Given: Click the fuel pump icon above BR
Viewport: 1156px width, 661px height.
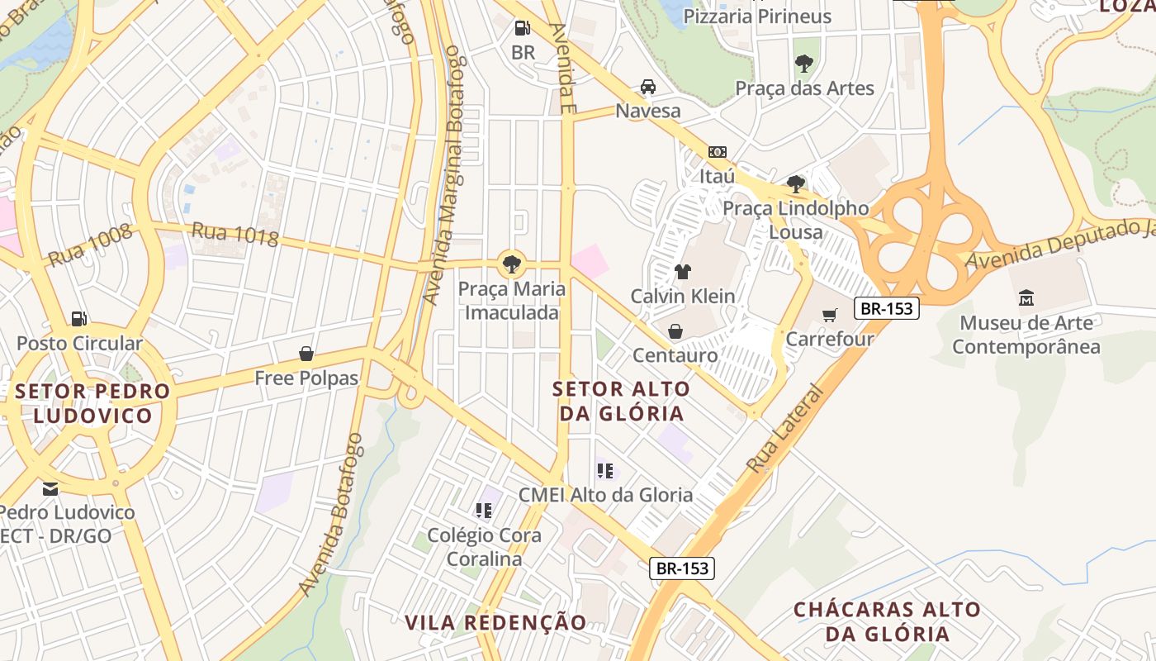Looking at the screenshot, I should click(522, 28).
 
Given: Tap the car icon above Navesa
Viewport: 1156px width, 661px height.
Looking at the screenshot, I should click(648, 87).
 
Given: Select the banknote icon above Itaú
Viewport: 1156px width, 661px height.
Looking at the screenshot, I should click(717, 152).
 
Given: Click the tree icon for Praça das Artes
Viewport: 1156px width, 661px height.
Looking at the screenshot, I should click(803, 64).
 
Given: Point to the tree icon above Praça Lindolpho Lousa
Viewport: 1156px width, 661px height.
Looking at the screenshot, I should click(796, 183).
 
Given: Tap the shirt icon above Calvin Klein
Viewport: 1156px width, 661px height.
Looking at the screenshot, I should click(682, 271).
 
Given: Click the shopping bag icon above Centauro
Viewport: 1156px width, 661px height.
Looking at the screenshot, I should click(675, 331).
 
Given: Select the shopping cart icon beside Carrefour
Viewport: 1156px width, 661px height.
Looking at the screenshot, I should click(830, 315).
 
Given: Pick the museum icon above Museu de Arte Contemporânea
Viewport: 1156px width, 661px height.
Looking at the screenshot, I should click(1026, 297).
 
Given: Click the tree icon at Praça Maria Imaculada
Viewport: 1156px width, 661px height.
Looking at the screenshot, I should click(512, 264).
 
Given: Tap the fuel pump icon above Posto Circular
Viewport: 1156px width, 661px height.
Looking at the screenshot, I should click(79, 318).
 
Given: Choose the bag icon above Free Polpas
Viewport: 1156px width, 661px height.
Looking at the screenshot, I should click(306, 354).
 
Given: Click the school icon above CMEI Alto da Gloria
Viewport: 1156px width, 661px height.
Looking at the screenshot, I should click(605, 470).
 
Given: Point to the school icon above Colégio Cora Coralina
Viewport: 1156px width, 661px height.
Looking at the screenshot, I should click(484, 511).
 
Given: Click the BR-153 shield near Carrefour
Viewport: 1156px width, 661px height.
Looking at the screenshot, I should click(887, 308).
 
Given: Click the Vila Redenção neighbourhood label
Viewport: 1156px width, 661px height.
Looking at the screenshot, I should click(495, 622).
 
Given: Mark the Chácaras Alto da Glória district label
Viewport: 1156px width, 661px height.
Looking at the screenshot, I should click(888, 622).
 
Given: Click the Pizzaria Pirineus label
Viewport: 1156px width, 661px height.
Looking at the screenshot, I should click(757, 16).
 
